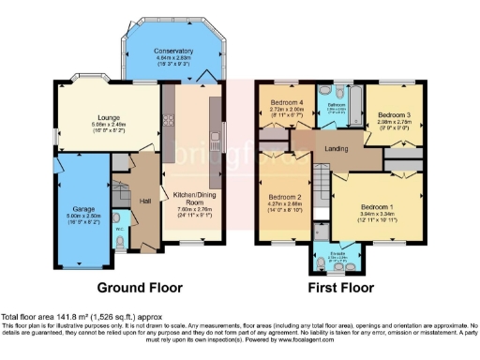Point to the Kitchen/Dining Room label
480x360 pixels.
tap(194, 197)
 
